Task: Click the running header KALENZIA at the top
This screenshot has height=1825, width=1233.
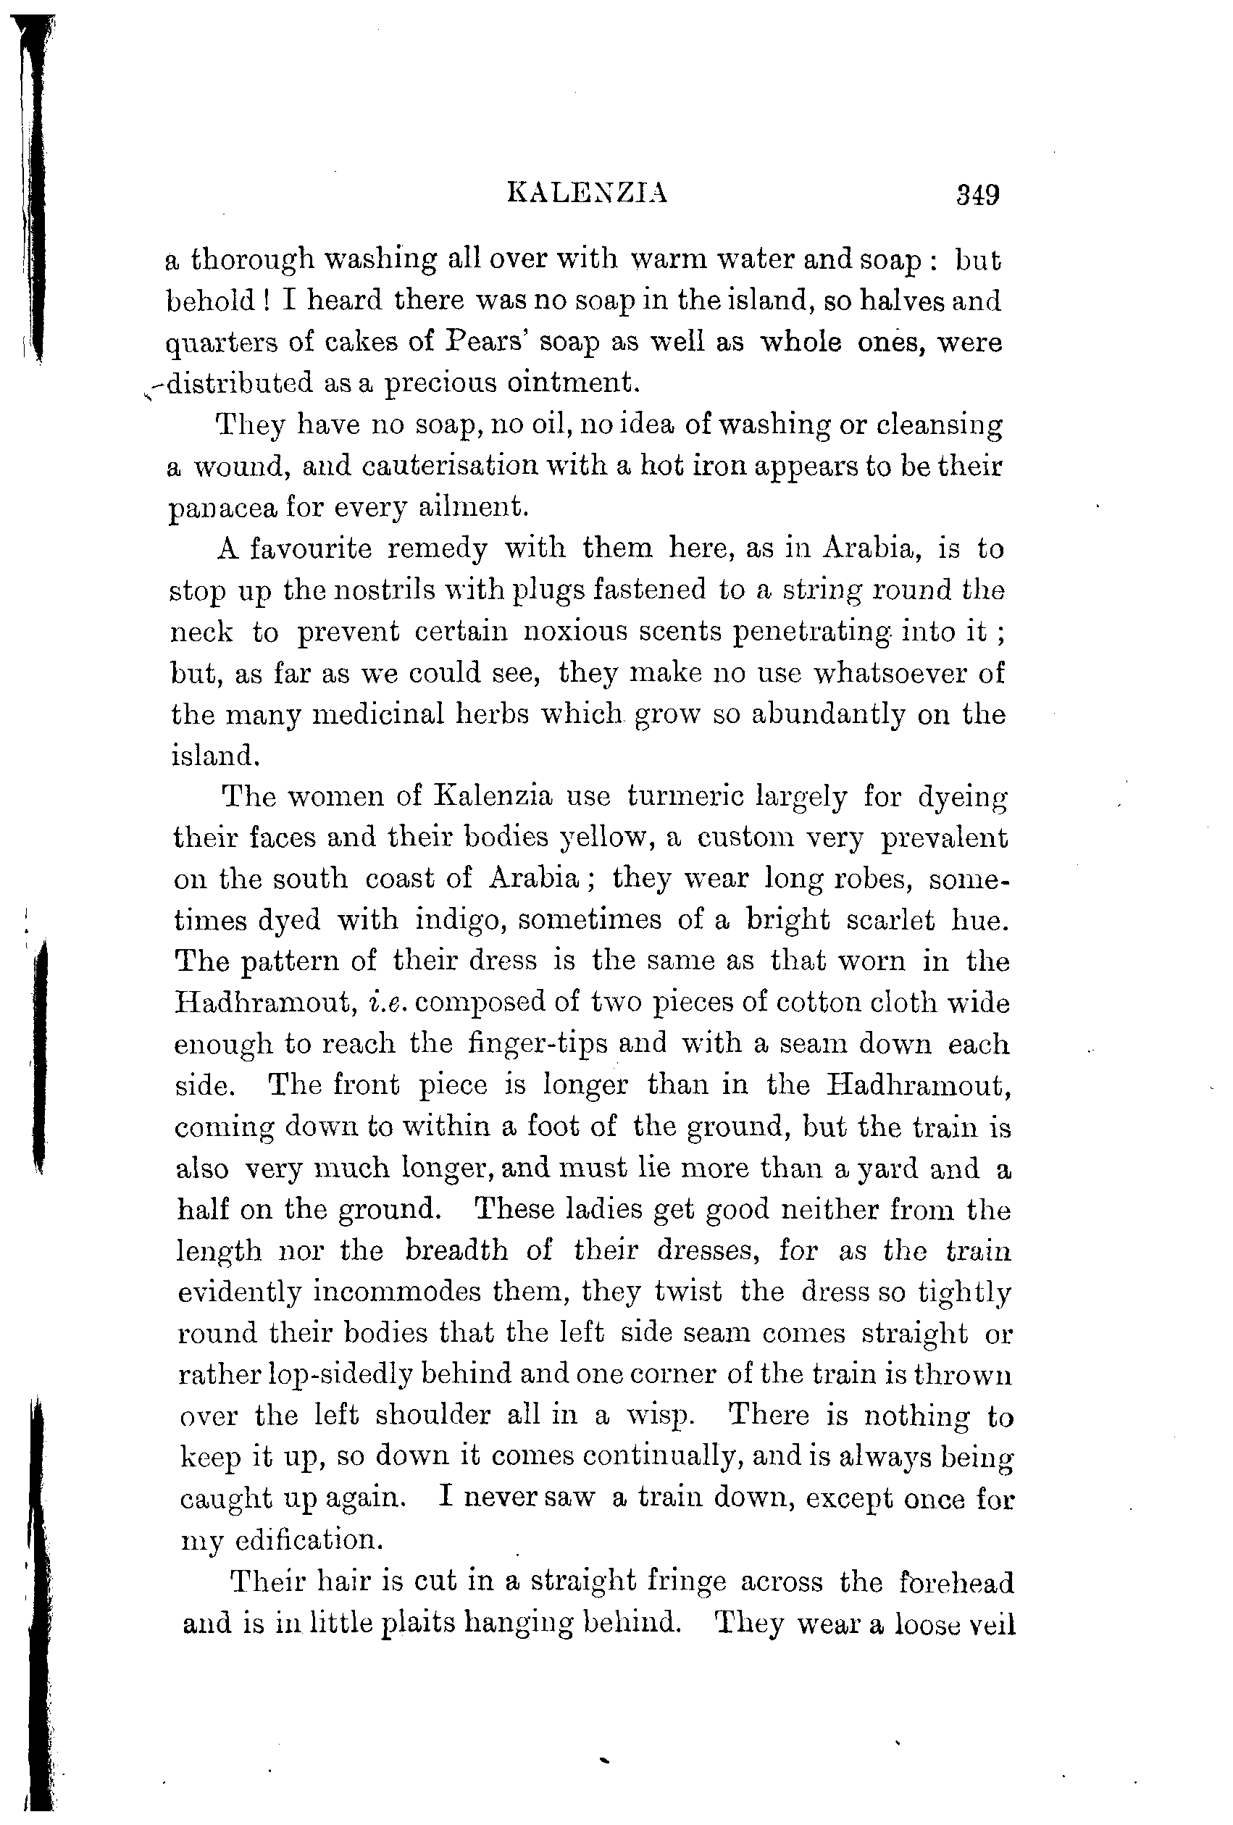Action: click(588, 193)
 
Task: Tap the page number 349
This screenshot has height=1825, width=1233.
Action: click(977, 193)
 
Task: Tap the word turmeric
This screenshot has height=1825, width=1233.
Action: click(682, 796)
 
